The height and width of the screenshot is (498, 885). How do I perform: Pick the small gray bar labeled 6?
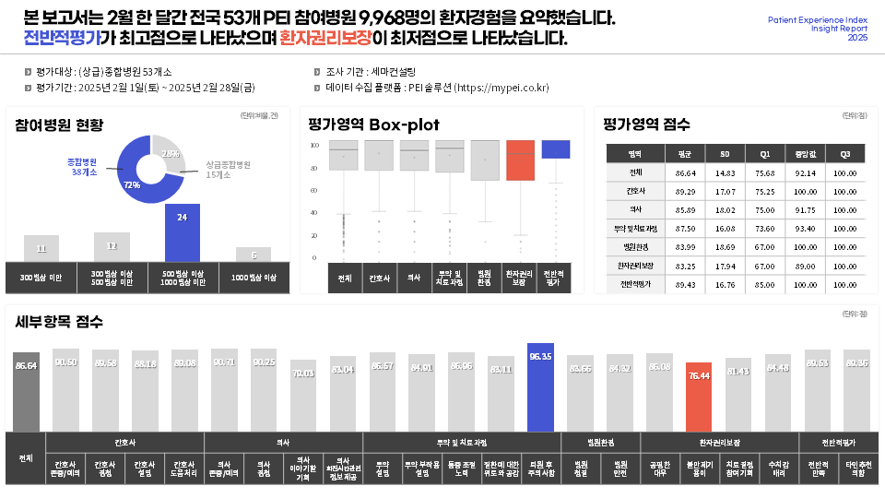pos(253,255)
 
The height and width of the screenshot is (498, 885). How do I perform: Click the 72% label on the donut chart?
pos(132,184)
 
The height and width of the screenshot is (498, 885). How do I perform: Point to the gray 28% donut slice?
pos(170,154)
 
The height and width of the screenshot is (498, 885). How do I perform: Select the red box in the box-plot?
pos(521,160)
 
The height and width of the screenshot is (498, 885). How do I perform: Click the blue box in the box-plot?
pos(556,149)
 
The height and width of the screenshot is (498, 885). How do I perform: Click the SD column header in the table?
pos(725,154)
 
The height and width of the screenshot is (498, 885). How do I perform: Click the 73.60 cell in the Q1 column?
pos(764,229)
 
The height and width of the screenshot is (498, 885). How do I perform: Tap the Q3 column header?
pos(845,154)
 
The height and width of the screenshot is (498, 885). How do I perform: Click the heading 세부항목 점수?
pos(59,322)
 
